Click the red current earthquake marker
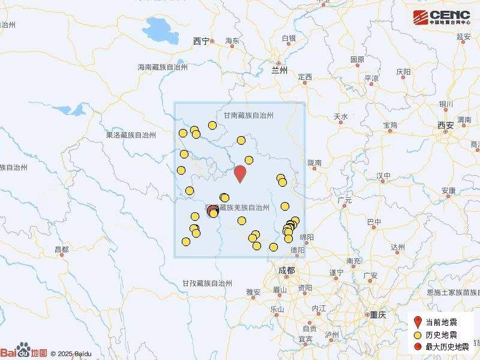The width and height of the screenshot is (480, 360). tap(240, 173)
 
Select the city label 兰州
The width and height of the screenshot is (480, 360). tap(280, 70)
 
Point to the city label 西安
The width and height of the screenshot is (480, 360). tap(445, 125)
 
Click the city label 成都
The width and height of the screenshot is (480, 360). tap(287, 271)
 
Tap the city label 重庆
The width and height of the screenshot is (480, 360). tap(377, 314)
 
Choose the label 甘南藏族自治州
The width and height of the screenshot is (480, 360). tap(248, 115)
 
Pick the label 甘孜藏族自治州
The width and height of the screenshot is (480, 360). tap(208, 283)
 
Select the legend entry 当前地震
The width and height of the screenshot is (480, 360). tap(442, 322)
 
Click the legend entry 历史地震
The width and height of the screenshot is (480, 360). tap(442, 334)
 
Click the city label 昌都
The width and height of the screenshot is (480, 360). tap(61, 249)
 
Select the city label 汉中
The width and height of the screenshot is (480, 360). tap(383, 176)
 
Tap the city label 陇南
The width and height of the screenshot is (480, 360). tap(314, 163)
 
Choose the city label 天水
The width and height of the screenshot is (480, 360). tap(341, 116)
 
